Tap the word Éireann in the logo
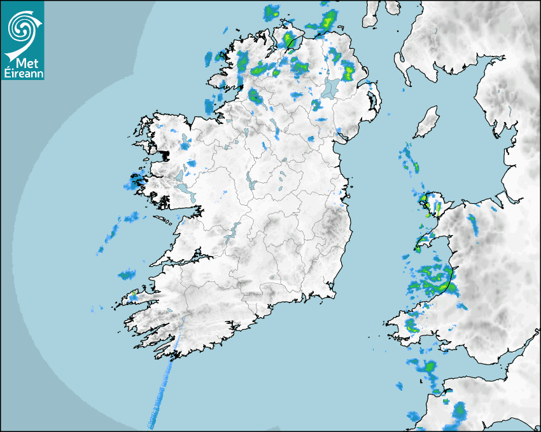tap(22, 74)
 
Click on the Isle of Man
tap(427, 122)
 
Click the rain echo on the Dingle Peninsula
tap(133, 295)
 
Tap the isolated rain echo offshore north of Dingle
tap(127, 275)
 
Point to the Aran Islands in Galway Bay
tap(164, 221)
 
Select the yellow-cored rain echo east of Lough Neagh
tap(349, 71)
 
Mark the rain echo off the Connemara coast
tap(134, 185)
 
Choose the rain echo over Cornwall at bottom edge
tap(459, 412)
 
